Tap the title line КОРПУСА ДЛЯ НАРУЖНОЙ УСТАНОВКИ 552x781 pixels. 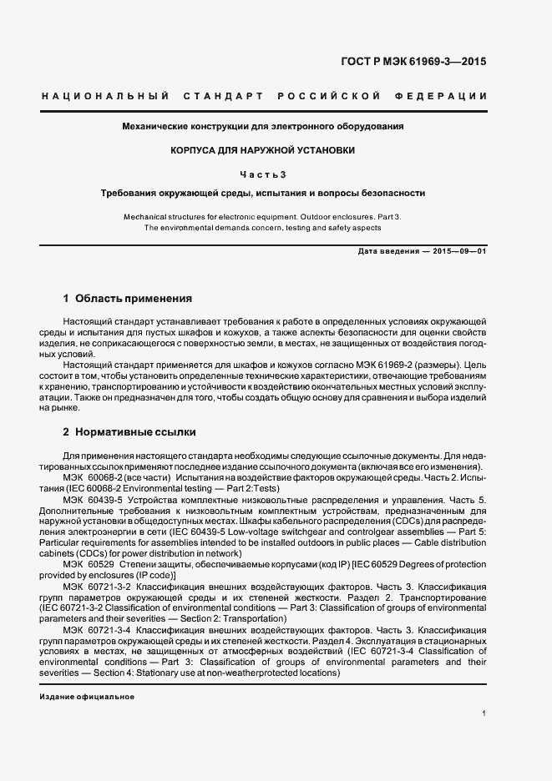click(263, 150)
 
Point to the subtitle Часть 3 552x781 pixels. click(263, 174)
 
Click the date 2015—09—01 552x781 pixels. click(458, 251)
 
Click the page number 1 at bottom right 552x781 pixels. click(484, 714)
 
